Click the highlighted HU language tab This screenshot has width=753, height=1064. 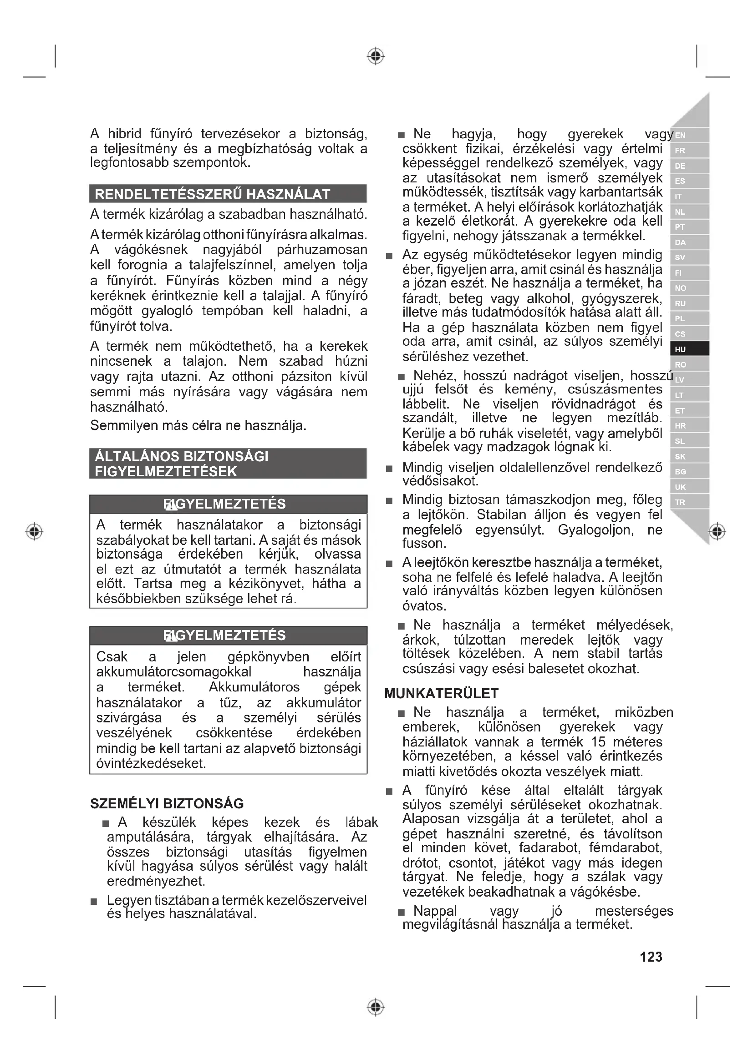(689, 349)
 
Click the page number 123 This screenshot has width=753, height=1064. (651, 957)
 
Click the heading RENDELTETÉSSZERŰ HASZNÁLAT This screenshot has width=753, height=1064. (212, 194)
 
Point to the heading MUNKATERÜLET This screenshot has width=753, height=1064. (441, 694)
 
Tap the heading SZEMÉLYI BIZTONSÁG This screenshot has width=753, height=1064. (167, 803)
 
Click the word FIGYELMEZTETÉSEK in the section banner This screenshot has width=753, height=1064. (166, 472)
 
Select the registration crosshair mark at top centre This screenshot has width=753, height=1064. (376, 56)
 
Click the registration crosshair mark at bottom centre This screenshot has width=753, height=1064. (376, 1007)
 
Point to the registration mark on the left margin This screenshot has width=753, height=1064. (34, 531)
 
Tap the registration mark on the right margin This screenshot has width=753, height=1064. (717, 531)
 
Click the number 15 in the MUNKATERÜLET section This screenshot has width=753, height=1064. (598, 742)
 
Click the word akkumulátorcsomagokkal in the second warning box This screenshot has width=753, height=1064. (173, 672)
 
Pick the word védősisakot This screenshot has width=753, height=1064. (441, 481)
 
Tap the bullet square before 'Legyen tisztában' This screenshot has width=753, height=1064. (94, 902)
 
